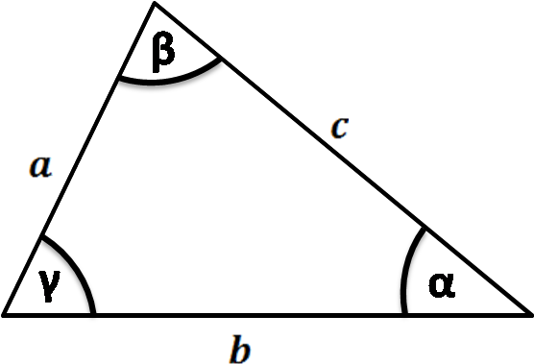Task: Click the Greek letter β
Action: coord(165,52)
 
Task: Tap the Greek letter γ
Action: coord(51,285)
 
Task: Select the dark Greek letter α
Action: coord(441,284)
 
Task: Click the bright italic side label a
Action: coord(40,167)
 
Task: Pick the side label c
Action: coord(338,128)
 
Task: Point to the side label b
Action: coord(240,349)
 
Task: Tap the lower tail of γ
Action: coord(49,294)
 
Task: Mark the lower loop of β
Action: coord(166,58)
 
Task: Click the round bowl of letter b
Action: coord(244,353)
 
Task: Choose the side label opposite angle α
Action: coord(40,167)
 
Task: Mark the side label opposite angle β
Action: coord(240,349)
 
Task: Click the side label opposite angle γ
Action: coord(338,128)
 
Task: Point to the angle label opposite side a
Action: coord(441,284)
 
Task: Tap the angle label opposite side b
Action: coord(165,52)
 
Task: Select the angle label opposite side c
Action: coord(51,285)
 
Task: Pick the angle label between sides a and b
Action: coord(51,285)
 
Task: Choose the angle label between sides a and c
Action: coord(165,52)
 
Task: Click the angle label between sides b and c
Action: coord(441,284)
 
